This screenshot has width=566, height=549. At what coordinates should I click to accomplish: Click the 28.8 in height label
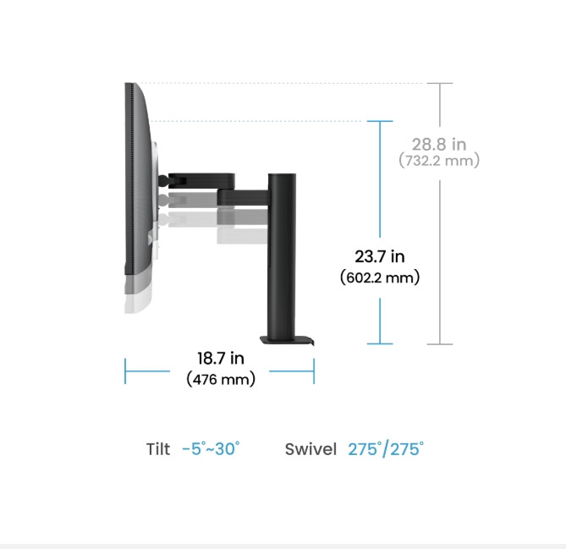(x=439, y=145)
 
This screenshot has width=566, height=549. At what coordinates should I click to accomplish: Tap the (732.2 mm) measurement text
(x=439, y=160)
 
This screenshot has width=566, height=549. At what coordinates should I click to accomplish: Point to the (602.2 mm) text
(x=379, y=277)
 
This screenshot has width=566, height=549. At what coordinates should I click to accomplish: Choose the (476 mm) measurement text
(x=220, y=380)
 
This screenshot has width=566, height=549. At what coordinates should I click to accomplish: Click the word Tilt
(x=158, y=449)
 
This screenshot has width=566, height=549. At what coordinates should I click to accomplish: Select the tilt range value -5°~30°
(x=212, y=448)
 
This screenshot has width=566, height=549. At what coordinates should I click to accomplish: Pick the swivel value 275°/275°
(x=386, y=448)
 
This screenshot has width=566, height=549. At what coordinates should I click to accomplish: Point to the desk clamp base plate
(x=286, y=342)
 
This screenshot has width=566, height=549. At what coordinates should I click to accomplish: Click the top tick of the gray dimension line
(x=439, y=83)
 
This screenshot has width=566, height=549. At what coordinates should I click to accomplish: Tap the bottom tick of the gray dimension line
(x=439, y=344)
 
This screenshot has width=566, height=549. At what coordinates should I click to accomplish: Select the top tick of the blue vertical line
(x=380, y=121)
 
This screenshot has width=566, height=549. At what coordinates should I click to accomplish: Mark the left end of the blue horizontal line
(x=125, y=371)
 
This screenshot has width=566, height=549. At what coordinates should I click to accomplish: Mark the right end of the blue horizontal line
(x=314, y=371)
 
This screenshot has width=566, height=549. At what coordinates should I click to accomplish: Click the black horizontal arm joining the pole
(x=243, y=196)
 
